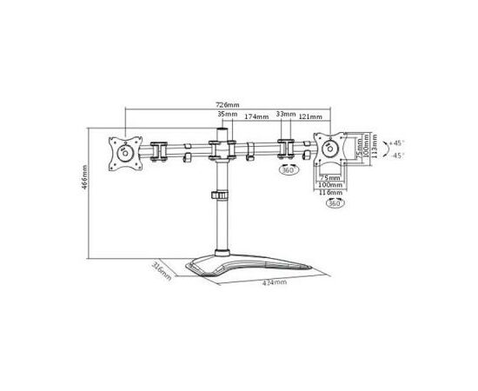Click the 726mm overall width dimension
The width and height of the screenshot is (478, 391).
pos(228,105)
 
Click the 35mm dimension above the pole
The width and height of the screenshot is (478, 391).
pos(228,115)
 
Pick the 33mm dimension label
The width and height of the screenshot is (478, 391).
pos(282,114)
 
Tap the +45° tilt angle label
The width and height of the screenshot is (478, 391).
pos(396,142)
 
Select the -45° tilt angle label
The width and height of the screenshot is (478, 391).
pos(396,156)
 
